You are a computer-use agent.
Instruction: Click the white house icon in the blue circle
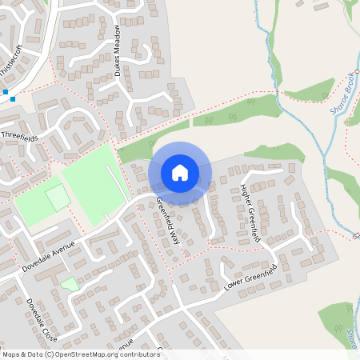[180, 172]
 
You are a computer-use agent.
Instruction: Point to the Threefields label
[21, 136]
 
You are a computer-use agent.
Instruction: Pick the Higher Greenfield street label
[250, 212]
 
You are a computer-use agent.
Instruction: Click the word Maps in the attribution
[12, 354]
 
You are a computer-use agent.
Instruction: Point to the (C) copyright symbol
[49, 354]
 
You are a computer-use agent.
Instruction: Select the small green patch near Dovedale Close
[70, 283]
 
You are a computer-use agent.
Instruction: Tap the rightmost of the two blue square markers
[13, 99]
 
